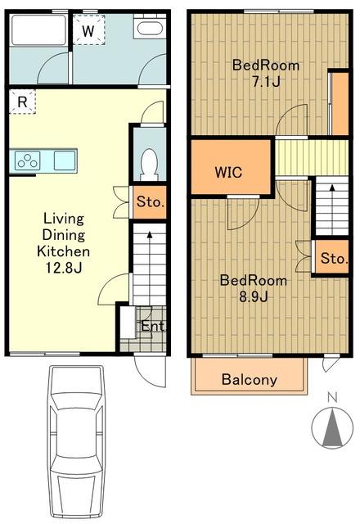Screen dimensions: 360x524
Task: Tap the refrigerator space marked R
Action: point(22,102)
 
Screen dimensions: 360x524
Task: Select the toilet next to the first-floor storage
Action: point(149,165)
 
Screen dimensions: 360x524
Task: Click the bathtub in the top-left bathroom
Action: point(38,29)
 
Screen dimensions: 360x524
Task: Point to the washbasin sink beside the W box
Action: point(149,27)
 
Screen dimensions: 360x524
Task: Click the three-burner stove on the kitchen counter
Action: point(27,160)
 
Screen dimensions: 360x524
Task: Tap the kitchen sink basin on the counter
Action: point(65,160)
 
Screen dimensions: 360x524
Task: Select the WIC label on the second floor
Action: point(228,172)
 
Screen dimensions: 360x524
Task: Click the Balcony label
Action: point(249,379)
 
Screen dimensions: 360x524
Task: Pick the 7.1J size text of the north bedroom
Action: point(266,81)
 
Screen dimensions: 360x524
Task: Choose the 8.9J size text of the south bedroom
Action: point(254,296)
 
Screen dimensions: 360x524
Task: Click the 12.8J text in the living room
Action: point(64,268)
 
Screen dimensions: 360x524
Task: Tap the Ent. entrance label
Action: point(153,326)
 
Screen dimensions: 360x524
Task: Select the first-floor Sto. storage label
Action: point(151,202)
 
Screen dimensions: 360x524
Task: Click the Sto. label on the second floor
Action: point(334,259)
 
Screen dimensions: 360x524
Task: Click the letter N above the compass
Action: point(332,397)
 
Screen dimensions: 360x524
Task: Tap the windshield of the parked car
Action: point(76,402)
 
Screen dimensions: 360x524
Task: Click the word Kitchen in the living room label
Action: point(64,251)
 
